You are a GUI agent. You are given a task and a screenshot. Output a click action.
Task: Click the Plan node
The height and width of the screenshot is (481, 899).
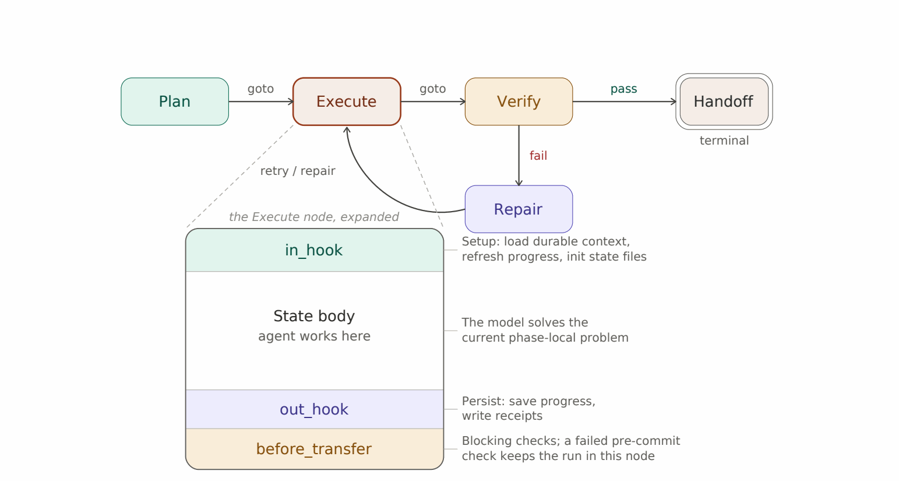coord(175,101)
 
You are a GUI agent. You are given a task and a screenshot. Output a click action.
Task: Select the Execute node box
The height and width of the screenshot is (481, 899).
coord(347,101)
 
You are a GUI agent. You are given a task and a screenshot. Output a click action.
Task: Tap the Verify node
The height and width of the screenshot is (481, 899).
coord(519,101)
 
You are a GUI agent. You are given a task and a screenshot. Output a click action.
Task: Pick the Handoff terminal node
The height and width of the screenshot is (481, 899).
coord(724,101)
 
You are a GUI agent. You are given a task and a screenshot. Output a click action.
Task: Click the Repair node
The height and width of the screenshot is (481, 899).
coord(519,209)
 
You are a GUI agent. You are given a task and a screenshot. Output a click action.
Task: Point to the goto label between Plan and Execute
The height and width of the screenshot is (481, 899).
coord(260,89)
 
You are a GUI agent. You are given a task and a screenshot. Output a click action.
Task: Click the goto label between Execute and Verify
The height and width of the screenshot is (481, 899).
coord(433,89)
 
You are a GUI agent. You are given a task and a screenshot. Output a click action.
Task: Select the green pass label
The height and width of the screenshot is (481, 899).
coord(623,89)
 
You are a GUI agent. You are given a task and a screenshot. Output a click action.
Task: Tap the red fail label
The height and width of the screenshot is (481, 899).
coord(538,156)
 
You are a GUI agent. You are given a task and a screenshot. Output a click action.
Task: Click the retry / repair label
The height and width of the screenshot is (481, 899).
coord(298,171)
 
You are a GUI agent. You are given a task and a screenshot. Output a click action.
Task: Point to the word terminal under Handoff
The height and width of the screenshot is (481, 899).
coord(724,141)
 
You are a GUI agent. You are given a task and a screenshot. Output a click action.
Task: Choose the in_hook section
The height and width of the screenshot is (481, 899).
coord(315,250)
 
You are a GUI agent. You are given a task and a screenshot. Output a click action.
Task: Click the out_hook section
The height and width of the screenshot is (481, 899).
coord(315,409)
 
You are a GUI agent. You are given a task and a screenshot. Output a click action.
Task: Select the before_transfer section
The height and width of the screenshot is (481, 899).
coord(315,449)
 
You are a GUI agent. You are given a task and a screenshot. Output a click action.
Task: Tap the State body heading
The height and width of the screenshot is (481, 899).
coord(314,317)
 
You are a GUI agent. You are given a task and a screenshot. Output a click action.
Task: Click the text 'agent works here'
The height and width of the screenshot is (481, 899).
coord(314,336)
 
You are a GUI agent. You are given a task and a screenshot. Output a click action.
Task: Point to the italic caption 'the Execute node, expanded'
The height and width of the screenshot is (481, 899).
coord(314,217)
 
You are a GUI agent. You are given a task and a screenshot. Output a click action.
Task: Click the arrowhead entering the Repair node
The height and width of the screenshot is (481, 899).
coord(519,182)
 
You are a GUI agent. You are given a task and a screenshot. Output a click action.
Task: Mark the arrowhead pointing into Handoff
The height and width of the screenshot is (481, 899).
coord(674,101)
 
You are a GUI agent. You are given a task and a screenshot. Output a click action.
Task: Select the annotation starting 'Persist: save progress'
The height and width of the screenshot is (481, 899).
coord(528,408)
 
